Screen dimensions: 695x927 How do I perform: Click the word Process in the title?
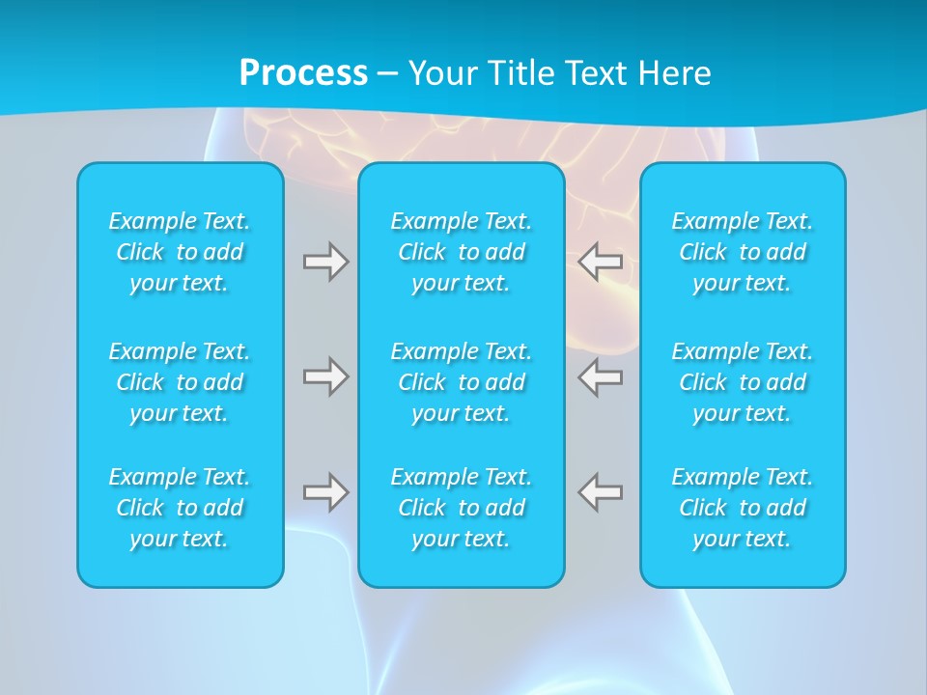click(303, 73)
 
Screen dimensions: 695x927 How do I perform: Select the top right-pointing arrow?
click(325, 261)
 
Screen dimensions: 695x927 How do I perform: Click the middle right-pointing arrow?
click(325, 376)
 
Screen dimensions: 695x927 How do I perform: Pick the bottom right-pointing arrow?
click(325, 492)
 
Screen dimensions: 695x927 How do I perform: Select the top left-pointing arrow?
click(601, 261)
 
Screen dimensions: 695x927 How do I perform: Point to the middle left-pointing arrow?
click(601, 376)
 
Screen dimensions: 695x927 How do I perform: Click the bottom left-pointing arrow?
click(601, 492)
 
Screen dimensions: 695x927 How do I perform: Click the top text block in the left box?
click(180, 252)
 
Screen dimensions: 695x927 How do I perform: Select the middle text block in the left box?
click(180, 382)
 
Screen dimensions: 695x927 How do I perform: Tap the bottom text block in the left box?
click(180, 508)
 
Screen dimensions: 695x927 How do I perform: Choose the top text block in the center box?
click(462, 252)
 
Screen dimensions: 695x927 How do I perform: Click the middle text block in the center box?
click(462, 382)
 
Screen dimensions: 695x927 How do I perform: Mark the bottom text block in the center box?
click(462, 508)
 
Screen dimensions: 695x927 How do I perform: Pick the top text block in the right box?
click(743, 252)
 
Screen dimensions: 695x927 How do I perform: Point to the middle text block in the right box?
click(743, 382)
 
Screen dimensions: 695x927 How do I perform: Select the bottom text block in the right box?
click(743, 508)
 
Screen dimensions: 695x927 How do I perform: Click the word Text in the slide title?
click(595, 73)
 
